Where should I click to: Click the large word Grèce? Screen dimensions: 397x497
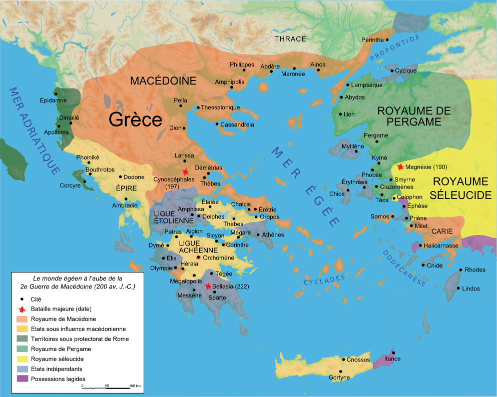tap(136, 120)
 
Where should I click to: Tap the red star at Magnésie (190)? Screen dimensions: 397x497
tap(400, 166)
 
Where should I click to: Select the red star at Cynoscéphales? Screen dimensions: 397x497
tap(186, 171)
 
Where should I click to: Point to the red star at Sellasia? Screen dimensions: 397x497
tap(208, 286)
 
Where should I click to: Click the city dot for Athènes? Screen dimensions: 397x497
tap(258, 235)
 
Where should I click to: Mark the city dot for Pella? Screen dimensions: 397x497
tap(181, 106)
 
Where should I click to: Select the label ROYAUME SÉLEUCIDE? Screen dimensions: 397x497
tap(462, 187)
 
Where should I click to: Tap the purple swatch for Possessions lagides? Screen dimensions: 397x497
tap(23, 378)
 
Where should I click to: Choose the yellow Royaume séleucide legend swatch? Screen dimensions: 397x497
tap(23, 359)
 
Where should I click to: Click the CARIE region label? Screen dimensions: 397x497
tap(442, 231)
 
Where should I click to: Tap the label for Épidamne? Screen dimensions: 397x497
tap(53, 100)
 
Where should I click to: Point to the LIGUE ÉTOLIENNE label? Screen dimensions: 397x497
tap(171, 218)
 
